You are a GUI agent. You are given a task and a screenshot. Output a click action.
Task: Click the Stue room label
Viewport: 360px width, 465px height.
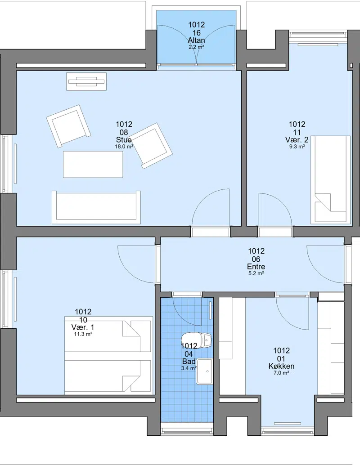(x=124, y=140)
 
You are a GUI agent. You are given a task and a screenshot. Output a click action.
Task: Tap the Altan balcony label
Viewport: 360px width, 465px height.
(x=196, y=40)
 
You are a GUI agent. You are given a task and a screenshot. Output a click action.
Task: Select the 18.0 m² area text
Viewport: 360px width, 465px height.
(x=124, y=147)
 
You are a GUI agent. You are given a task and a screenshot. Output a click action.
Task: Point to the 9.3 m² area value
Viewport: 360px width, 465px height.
(x=297, y=147)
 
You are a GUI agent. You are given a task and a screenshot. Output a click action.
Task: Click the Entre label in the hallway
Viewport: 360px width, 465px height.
(x=256, y=267)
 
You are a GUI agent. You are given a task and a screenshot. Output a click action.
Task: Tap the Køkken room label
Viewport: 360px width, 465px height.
(x=281, y=366)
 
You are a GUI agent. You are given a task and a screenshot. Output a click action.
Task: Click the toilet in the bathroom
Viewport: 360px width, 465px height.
(x=197, y=340)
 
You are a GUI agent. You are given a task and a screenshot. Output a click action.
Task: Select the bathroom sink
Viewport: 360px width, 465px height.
(x=204, y=371)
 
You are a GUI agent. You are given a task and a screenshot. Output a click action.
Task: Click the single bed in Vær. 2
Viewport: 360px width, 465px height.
(x=330, y=180)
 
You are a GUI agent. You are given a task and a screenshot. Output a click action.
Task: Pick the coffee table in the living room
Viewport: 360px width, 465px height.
(x=93, y=164)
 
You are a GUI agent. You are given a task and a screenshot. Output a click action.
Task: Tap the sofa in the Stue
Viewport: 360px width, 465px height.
(x=96, y=207)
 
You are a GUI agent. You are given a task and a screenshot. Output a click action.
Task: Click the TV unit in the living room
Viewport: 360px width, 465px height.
(x=86, y=81)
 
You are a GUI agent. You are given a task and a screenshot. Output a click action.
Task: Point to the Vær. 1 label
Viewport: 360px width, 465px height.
(x=83, y=327)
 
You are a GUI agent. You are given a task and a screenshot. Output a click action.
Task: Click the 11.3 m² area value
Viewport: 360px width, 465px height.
(x=83, y=334)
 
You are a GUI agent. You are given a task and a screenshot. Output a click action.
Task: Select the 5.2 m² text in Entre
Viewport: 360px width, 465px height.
(x=256, y=273)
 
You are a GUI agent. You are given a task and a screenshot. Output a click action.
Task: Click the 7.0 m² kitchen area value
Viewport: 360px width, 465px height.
(x=281, y=373)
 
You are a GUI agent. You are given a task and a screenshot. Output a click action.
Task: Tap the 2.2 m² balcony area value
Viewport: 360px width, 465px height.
(x=196, y=47)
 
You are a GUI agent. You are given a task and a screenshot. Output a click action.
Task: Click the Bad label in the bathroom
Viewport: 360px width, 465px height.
(x=189, y=362)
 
